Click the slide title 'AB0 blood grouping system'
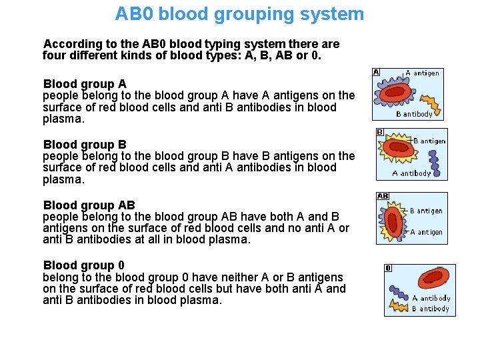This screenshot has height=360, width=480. pyautogui.click(x=239, y=14)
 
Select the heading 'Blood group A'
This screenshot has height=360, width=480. pyautogui.click(x=85, y=84)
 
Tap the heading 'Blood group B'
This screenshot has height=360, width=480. pyautogui.click(x=85, y=145)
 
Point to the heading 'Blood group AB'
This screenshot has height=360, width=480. pyautogui.click(x=89, y=205)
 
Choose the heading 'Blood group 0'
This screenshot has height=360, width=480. pyautogui.click(x=83, y=265)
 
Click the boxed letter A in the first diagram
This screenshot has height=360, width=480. pyautogui.click(x=376, y=72)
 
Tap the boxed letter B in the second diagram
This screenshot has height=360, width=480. pyautogui.click(x=380, y=132)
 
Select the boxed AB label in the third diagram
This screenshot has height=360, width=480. pyautogui.click(x=383, y=196)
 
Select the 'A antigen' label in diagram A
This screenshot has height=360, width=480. pyautogui.click(x=423, y=73)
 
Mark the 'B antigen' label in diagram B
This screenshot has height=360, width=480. pyautogui.click(x=429, y=141)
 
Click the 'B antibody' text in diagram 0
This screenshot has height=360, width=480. pyautogui.click(x=430, y=309)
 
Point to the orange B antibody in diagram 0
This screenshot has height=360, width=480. pyautogui.click(x=398, y=306)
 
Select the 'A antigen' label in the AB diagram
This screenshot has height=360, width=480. pyautogui.click(x=425, y=232)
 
